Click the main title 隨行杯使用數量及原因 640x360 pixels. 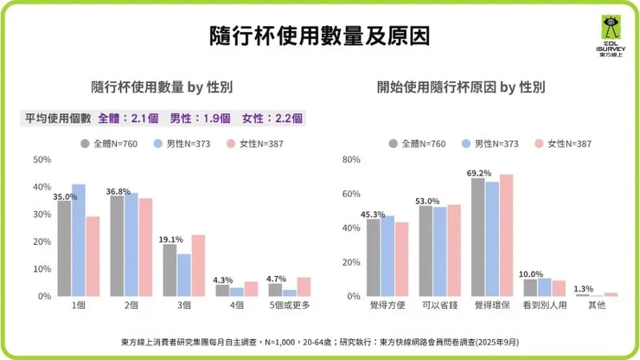pos(319,35)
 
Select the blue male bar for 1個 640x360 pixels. pos(79,240)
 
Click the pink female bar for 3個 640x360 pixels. pos(198,265)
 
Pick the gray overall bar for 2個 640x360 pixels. pos(118,246)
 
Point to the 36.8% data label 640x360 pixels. pos(118,191)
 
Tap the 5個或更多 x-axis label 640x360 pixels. pos(289,305)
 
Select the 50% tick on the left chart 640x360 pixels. pos(42,160)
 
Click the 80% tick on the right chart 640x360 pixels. pos(351,160)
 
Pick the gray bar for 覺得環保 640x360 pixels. pos(477,236)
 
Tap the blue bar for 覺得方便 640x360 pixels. pos(387,255)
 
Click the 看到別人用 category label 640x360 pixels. pos(545,305)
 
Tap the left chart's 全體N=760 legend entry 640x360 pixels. pos(109,144)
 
